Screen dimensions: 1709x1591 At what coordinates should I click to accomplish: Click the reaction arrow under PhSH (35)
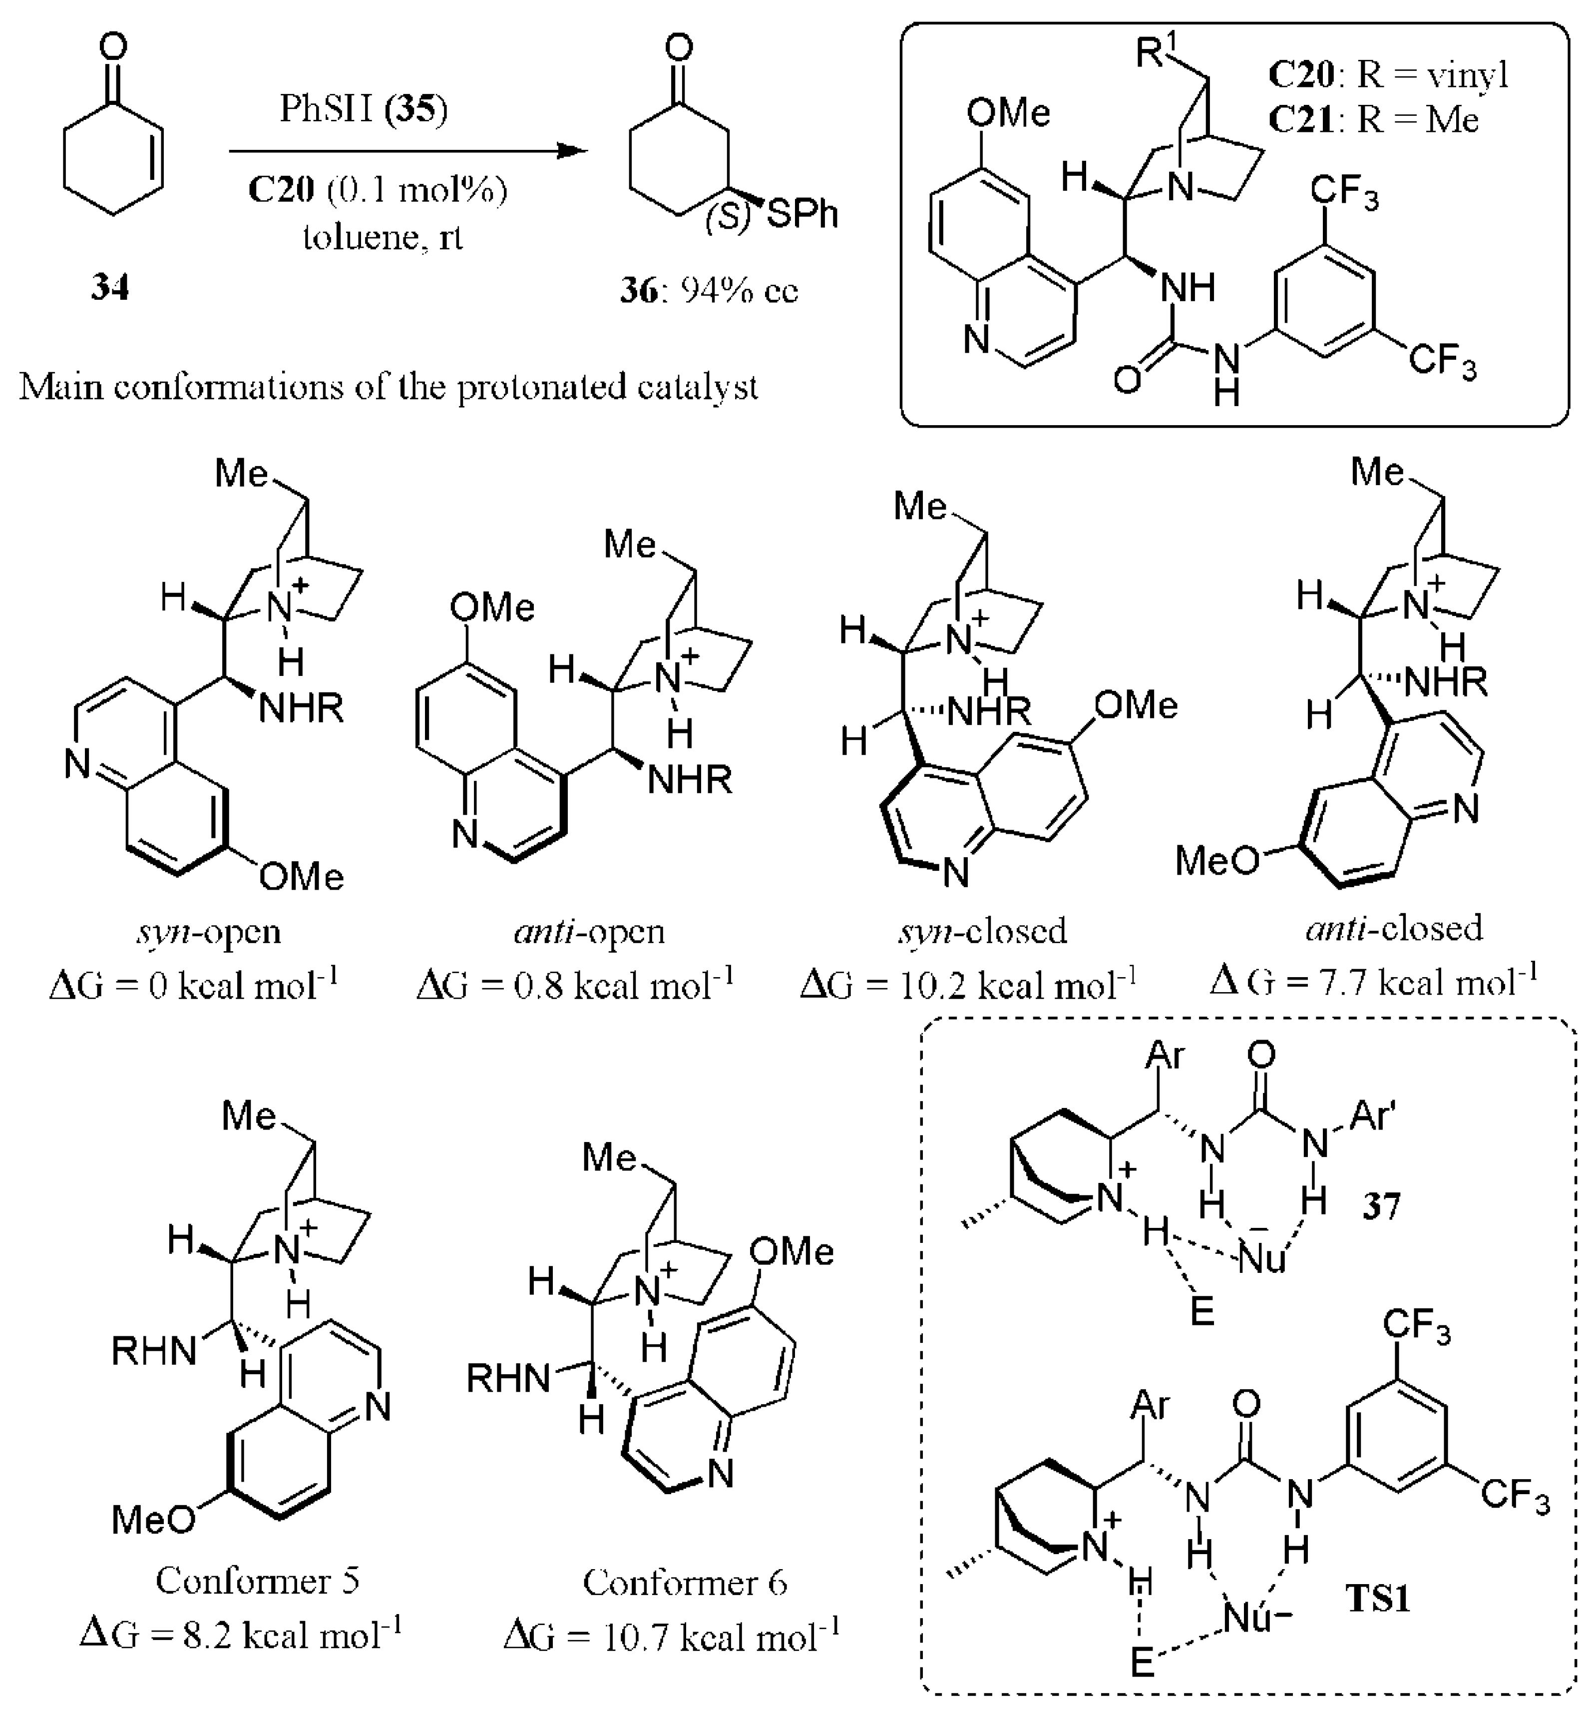[408, 151]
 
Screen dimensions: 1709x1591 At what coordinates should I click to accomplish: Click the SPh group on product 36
[801, 214]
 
